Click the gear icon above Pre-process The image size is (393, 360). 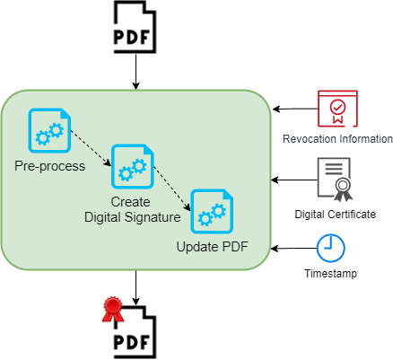point(49,130)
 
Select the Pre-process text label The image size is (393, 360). point(49,166)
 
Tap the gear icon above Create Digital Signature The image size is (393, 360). point(132,166)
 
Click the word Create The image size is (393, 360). point(131,202)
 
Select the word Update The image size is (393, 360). point(196,248)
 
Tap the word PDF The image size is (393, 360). point(234,248)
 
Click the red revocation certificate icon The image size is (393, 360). point(337,110)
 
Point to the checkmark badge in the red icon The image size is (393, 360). point(337,108)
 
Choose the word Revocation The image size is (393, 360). point(311,139)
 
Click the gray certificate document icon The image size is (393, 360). point(334,179)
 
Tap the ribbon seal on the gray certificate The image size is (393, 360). point(343,189)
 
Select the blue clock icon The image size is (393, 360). point(330,248)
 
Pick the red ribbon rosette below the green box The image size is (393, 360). point(112,309)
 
